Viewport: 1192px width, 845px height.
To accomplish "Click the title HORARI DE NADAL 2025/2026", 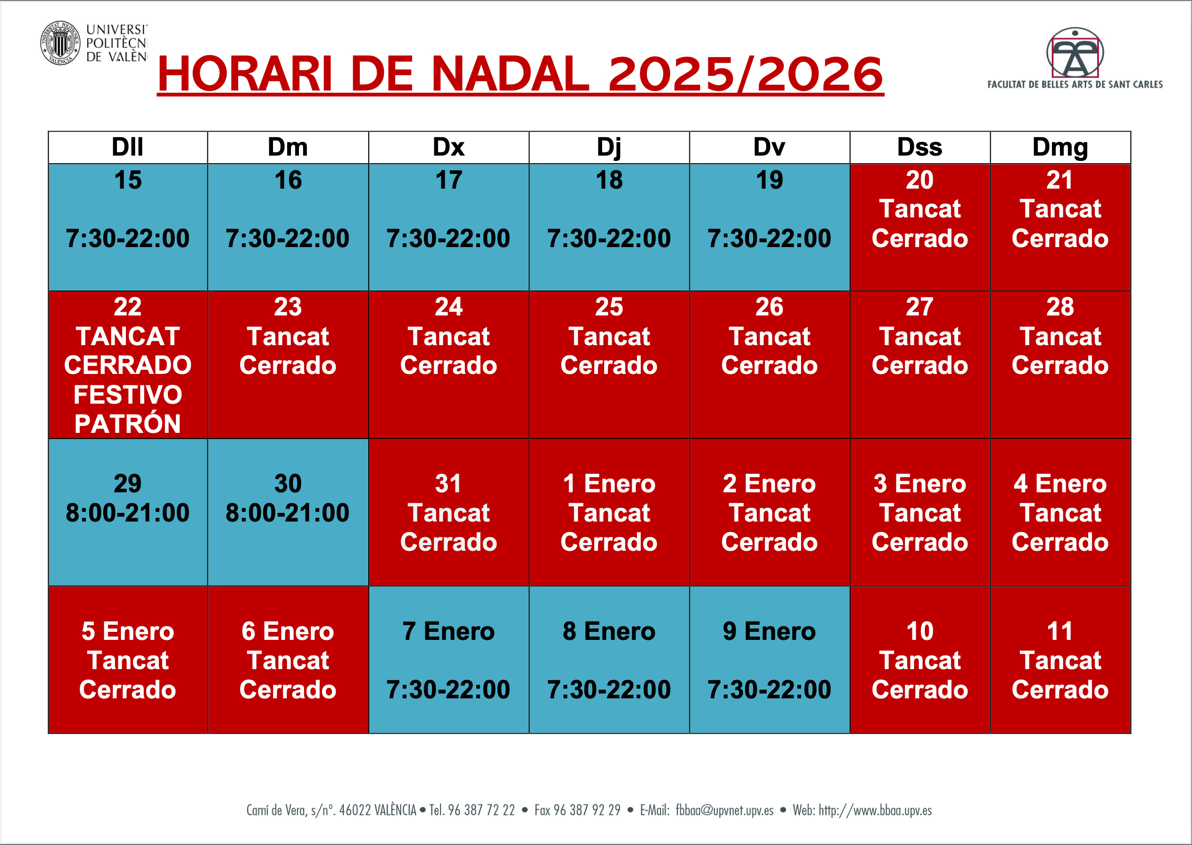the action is tap(520, 74).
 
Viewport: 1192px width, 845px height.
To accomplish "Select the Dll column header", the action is tap(128, 147).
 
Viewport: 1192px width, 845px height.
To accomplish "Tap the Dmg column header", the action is tap(1060, 147).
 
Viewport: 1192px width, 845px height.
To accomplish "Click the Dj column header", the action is tap(609, 147).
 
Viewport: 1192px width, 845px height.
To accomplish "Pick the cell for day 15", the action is tap(128, 227).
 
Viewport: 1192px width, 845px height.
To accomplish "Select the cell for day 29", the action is tap(128, 513).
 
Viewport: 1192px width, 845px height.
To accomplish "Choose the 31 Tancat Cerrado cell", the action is tap(449, 513).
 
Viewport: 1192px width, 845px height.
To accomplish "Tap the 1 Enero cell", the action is tap(609, 513).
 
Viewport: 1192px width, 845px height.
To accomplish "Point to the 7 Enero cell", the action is tap(449, 660).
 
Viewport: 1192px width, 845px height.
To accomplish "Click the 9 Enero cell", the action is tap(770, 660).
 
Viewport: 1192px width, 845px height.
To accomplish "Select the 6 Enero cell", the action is tap(288, 660).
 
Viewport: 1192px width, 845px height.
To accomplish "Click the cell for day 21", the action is tap(1060, 227).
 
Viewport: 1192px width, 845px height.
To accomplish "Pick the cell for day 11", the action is tap(1060, 660).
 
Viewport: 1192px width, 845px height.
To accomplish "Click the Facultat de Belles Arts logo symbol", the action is tap(1075, 52).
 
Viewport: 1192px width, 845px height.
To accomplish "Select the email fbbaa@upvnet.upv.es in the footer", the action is tap(724, 810).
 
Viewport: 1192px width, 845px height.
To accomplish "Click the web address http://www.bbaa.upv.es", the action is tap(875, 810).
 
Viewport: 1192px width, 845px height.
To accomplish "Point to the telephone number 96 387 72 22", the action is tap(481, 810).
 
